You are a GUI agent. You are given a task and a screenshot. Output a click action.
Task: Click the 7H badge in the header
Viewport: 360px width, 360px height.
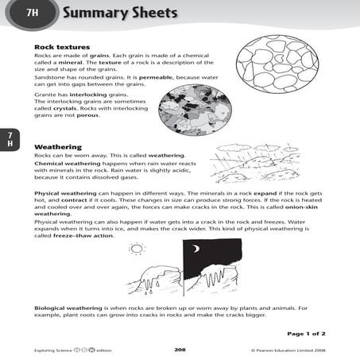click(x=31, y=12)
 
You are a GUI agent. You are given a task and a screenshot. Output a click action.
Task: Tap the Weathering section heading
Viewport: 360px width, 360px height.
click(x=56, y=146)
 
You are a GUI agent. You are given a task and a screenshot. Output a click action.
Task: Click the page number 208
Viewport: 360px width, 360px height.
click(x=180, y=349)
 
